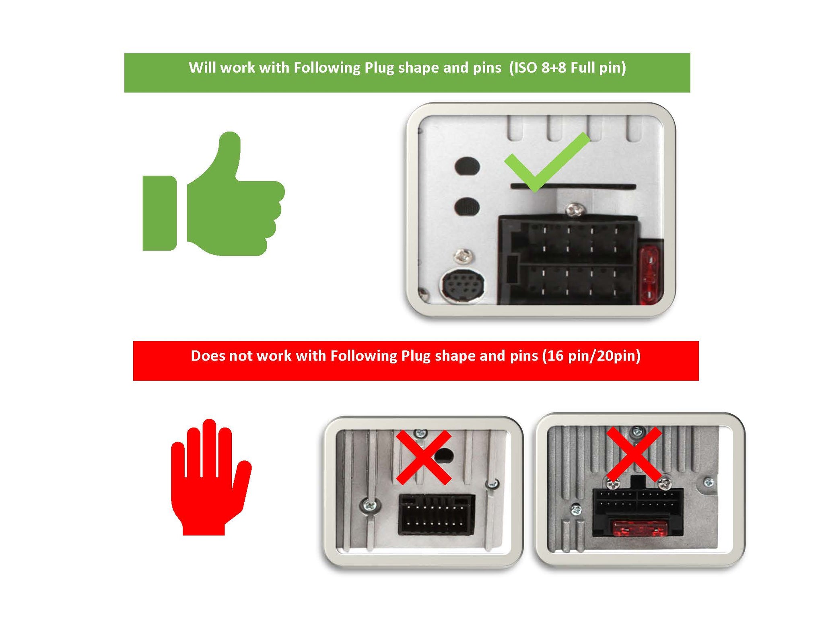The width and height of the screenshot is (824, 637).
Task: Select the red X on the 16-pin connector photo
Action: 424,457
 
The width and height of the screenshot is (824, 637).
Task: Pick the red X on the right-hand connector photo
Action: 634,454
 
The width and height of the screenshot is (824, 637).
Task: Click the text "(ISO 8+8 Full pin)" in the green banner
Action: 567,68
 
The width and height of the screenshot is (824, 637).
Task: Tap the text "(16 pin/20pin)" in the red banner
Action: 591,356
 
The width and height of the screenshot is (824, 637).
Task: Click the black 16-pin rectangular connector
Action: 436,515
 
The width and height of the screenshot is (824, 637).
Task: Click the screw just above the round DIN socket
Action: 463,256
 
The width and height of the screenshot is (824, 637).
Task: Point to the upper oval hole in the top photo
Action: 467,166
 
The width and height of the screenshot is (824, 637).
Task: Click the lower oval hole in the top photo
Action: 467,206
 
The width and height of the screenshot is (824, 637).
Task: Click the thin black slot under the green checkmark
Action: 573,186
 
